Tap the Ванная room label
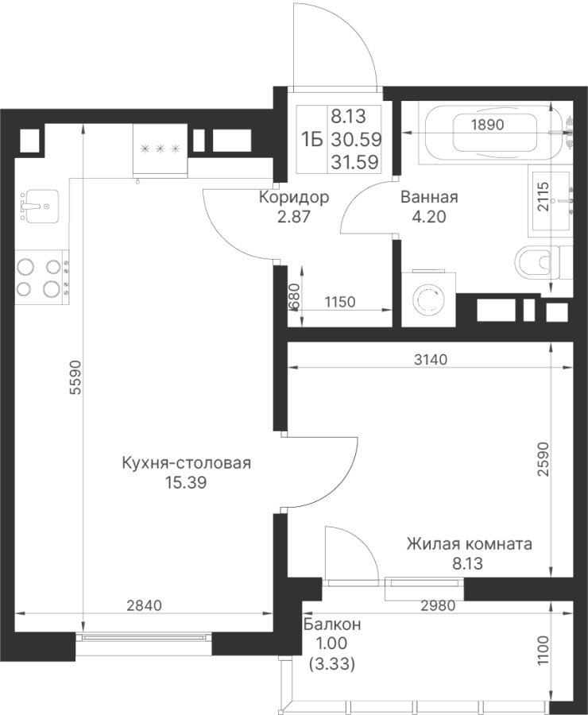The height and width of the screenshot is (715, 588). [429, 198]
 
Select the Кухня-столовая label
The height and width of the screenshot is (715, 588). [187, 464]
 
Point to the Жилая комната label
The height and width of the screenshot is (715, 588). [469, 545]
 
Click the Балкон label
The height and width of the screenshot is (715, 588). [331, 625]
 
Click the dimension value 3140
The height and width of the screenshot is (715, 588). [430, 360]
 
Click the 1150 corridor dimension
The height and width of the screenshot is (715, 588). [340, 302]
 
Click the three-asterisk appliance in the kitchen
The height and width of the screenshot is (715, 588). [160, 148]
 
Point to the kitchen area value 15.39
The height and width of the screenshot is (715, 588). [187, 482]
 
